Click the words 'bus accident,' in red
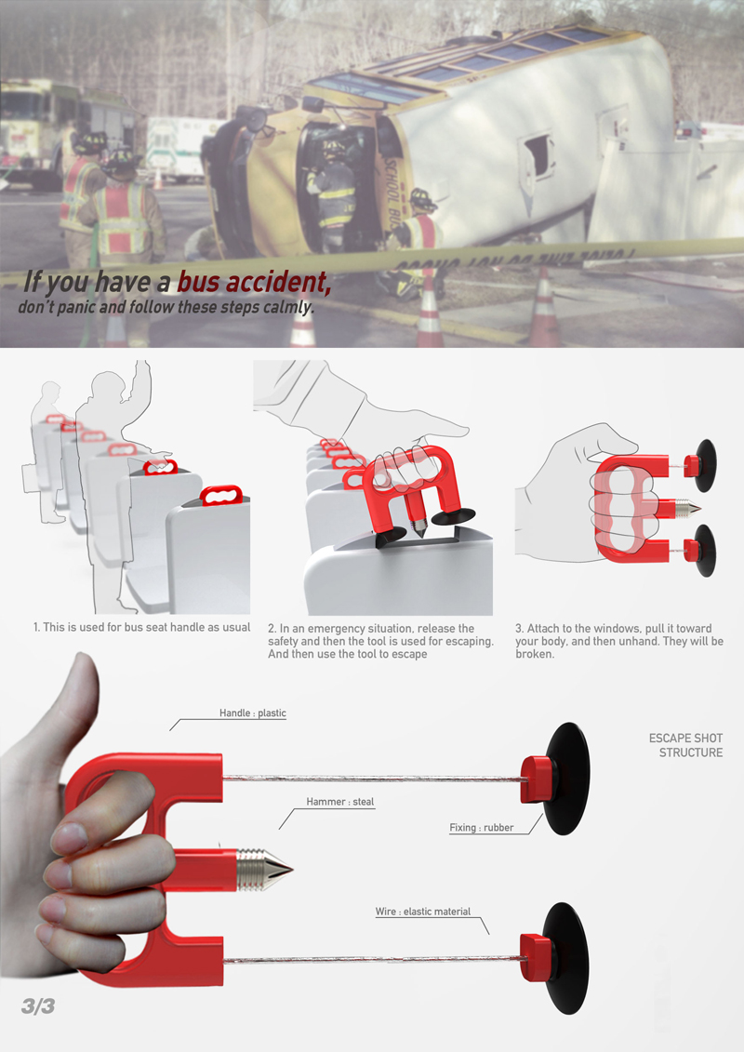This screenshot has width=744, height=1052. (254, 282)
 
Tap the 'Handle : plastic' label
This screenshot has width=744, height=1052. (253, 713)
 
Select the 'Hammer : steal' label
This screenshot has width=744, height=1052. (340, 802)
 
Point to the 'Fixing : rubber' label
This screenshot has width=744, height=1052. (482, 828)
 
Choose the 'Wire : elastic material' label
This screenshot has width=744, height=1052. (422, 912)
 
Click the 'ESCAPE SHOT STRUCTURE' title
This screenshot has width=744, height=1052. (686, 745)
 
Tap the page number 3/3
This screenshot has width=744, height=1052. (37, 1006)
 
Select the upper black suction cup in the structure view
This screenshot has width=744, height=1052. (567, 779)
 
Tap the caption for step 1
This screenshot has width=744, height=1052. (141, 627)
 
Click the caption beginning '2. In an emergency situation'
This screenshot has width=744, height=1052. (380, 641)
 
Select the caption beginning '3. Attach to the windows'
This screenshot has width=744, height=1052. (619, 641)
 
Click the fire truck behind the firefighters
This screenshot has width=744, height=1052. (37, 127)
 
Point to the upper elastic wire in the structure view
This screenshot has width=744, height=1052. (373, 779)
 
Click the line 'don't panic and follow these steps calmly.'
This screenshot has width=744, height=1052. (166, 307)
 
